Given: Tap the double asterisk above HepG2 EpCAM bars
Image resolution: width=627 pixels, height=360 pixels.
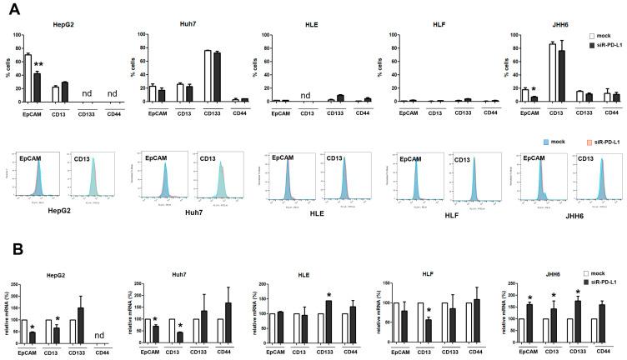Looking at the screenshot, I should click(38, 66).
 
